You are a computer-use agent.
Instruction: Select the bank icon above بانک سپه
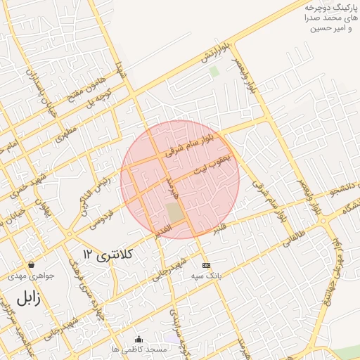(205, 265)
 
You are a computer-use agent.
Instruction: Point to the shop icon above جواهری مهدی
(32, 265)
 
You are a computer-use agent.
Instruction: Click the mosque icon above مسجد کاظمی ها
(138, 338)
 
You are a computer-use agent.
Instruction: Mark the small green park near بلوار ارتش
(214, 71)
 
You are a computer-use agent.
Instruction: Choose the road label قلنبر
(220, 229)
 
